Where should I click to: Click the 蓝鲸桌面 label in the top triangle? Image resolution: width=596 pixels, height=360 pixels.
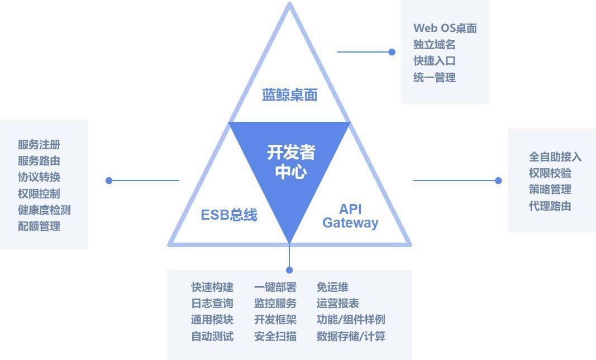289,95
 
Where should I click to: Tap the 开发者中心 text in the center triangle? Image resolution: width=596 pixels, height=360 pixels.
290,162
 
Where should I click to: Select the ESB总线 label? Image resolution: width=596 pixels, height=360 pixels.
229,215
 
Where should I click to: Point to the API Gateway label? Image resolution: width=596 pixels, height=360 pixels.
350,216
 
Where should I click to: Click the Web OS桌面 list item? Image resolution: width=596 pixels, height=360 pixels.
445,29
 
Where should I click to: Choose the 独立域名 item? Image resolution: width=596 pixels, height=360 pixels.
434,45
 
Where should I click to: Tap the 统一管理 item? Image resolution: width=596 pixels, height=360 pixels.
434,78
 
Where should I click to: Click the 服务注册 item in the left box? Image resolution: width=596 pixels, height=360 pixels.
39,145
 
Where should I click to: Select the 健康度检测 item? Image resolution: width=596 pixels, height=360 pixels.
44,210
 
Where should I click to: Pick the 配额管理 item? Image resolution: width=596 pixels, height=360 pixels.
39,226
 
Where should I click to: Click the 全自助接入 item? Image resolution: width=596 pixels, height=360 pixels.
555,157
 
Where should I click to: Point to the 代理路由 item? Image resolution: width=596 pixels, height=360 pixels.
550,206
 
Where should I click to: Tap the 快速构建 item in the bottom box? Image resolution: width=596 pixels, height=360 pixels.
212,287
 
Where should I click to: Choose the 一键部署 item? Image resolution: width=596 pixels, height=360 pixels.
275,287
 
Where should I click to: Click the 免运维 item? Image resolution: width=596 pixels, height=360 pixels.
332,287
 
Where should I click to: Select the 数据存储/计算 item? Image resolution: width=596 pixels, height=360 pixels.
351,336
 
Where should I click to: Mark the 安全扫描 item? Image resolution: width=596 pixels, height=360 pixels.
275,336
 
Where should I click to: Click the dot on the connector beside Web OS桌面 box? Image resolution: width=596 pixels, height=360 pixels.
392,52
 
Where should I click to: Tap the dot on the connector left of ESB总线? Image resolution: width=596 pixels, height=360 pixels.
109,181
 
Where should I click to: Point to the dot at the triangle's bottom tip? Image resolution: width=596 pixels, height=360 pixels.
289,271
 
